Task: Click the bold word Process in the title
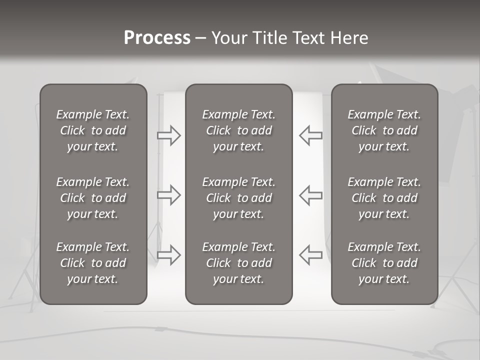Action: point(157,38)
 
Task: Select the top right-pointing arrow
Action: point(169,135)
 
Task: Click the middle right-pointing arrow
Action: point(169,195)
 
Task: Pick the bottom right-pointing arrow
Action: point(169,254)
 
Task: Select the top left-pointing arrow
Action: point(310,135)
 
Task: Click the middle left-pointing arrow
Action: point(310,195)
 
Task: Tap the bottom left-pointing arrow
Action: point(310,254)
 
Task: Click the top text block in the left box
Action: point(93,130)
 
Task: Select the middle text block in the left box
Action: point(93,198)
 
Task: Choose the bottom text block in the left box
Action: point(93,263)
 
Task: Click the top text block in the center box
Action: point(238,130)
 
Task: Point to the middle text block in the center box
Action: point(238,198)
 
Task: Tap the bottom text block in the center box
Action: point(238,263)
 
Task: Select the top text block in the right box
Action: point(384,130)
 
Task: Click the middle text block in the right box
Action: point(384,198)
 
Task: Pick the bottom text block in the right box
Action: point(384,263)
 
